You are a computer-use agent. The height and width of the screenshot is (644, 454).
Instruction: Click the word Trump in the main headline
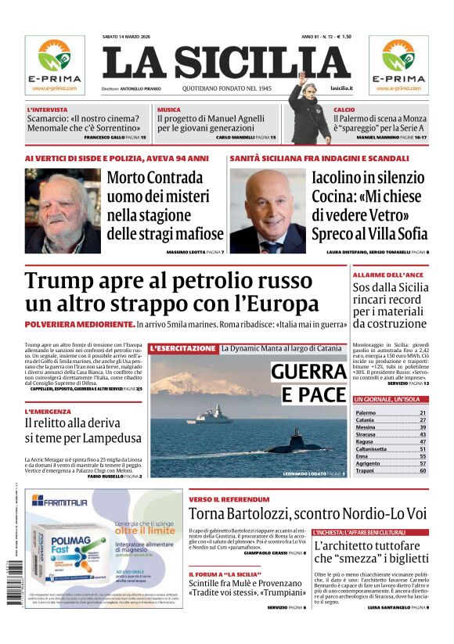coord(61,282)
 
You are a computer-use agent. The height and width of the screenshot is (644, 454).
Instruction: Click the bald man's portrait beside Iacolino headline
coord(268,211)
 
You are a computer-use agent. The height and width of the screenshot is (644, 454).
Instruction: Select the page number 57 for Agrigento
coord(423,463)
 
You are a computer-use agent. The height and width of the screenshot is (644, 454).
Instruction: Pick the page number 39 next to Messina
coord(423,427)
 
